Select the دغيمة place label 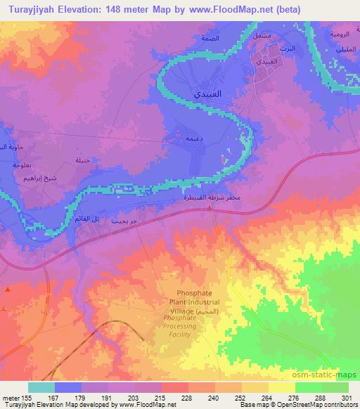click(194, 139)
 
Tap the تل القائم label click(84, 220)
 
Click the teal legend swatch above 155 click(41, 387)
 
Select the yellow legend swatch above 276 click(282, 387)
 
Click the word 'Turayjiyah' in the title click(26, 9)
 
